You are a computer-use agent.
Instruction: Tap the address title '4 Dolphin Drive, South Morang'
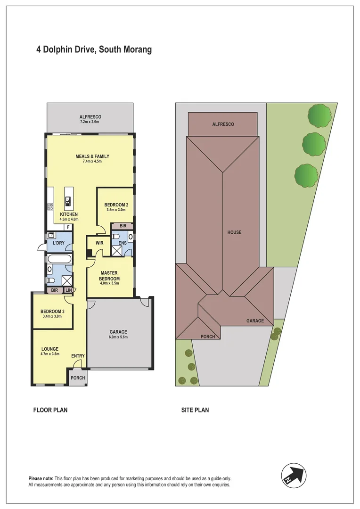pos(94,49)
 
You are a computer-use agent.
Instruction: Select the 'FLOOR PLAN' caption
pos(50,410)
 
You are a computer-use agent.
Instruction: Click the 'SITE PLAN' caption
pos(195,410)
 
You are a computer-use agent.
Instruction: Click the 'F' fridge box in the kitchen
pos(68,227)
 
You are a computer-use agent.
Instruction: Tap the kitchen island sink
pos(68,202)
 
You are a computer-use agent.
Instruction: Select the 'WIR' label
pos(99,243)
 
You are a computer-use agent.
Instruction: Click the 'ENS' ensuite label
pos(122,243)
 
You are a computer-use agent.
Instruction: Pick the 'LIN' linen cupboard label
pos(69,290)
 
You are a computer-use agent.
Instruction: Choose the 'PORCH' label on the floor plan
pos(77,378)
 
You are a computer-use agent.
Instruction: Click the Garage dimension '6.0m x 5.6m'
pos(119,337)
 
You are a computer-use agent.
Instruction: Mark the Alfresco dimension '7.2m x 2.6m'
pos(90,123)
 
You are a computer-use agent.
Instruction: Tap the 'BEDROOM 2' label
pos(116,205)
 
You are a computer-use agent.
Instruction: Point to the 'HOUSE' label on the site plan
pos(234,232)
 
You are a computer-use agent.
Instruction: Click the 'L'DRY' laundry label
pos(58,243)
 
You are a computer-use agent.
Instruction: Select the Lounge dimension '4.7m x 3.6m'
pos(50,354)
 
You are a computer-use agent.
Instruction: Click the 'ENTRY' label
pos(78,356)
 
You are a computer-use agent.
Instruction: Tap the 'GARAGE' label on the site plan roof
pos(255,321)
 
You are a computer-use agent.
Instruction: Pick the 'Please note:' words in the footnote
pos(41,479)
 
